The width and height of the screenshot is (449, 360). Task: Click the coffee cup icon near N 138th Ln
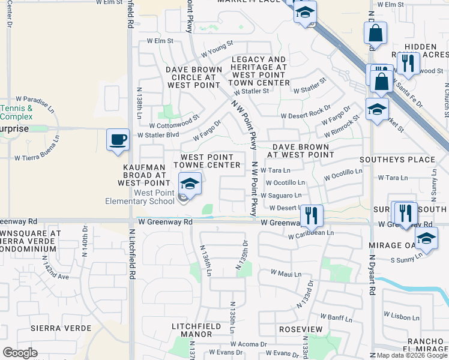click(118, 139)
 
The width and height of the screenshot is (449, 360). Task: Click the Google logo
click(20, 353)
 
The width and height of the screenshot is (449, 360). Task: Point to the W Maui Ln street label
click(285, 272)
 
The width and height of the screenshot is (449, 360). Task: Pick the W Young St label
click(217, 46)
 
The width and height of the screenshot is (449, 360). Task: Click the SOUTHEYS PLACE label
click(397, 160)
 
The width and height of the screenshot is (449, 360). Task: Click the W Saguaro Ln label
click(281, 196)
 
